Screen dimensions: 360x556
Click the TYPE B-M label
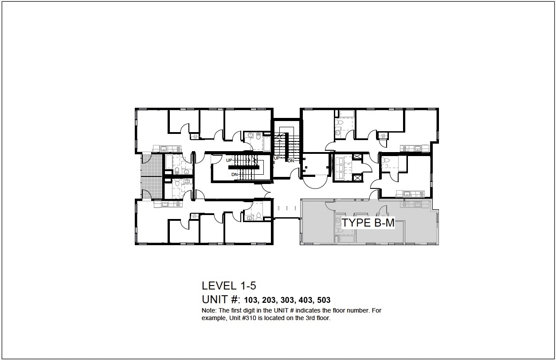tap(368, 223)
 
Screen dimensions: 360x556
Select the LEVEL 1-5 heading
tap(229, 286)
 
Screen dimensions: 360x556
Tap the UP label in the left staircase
tap(229, 160)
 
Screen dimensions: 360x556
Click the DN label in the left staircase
tap(234, 175)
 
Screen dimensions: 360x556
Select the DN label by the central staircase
tap(291, 161)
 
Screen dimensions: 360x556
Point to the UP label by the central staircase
tap(277, 158)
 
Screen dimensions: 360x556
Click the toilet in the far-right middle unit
tap(385, 162)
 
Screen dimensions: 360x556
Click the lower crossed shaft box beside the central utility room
tap(356, 178)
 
